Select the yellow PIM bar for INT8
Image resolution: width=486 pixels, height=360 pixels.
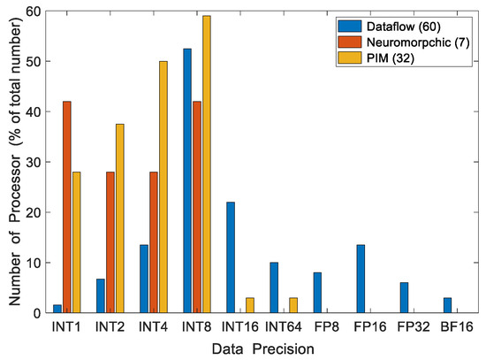207,165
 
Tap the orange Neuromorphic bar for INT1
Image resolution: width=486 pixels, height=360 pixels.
67,207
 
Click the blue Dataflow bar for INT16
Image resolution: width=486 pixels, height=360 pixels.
231,257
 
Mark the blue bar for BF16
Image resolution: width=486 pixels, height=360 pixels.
447,305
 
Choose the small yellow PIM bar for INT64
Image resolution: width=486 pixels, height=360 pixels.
293,305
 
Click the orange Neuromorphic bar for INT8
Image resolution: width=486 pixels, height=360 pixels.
197,207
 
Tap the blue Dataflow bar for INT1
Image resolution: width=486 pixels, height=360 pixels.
57,309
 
